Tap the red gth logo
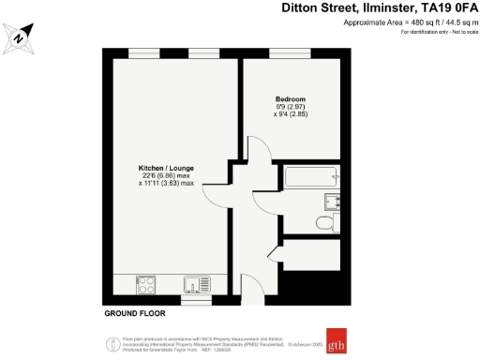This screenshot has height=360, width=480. [335, 337]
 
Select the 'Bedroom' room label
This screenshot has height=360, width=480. [290, 98]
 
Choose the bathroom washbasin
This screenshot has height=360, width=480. [332, 200]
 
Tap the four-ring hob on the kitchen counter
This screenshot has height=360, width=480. [147, 283]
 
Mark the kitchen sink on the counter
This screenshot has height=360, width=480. [198, 283]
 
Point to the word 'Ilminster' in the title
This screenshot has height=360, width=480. [381, 8]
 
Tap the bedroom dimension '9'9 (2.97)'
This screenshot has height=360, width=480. [290, 108]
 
